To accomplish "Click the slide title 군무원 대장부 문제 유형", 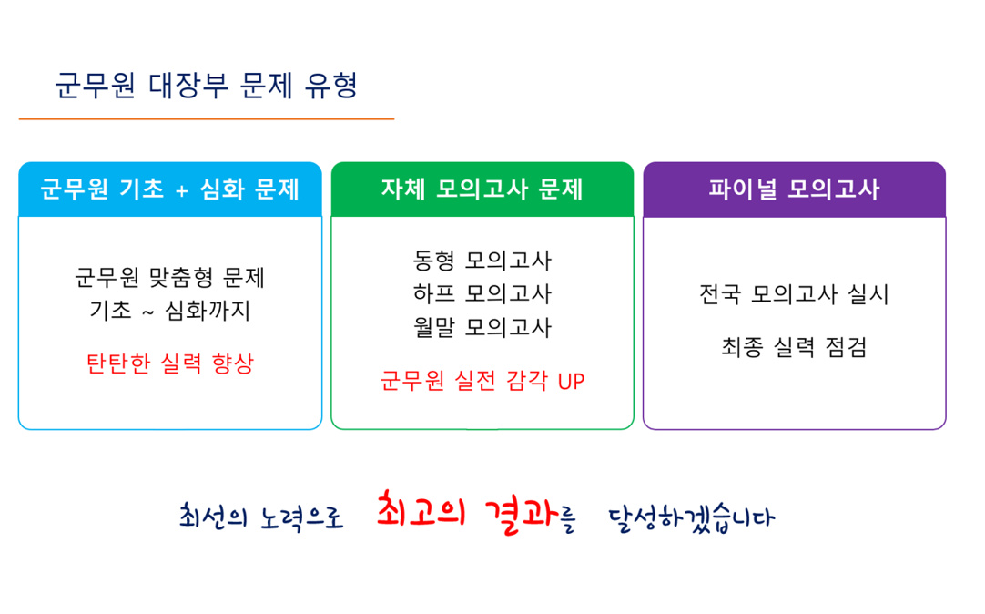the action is [x=206, y=86].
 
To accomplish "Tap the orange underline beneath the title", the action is [x=207, y=118].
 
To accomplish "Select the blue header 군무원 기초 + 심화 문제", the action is [x=170, y=189].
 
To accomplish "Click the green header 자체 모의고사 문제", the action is [x=482, y=189].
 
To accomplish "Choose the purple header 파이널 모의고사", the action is [x=795, y=189].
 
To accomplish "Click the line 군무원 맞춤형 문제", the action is [x=170, y=277].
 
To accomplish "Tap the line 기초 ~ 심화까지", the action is [x=170, y=311].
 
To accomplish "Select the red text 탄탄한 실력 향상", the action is [x=170, y=363].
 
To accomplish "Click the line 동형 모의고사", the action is [x=482, y=261].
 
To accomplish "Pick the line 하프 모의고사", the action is [x=482, y=293].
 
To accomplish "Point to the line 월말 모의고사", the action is [x=482, y=327].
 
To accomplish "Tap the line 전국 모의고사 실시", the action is [x=795, y=294].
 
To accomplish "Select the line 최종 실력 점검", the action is [x=795, y=347].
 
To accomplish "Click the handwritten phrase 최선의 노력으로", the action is [x=261, y=517].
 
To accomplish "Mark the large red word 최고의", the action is [x=421, y=509].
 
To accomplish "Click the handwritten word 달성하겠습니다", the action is [x=692, y=518].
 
